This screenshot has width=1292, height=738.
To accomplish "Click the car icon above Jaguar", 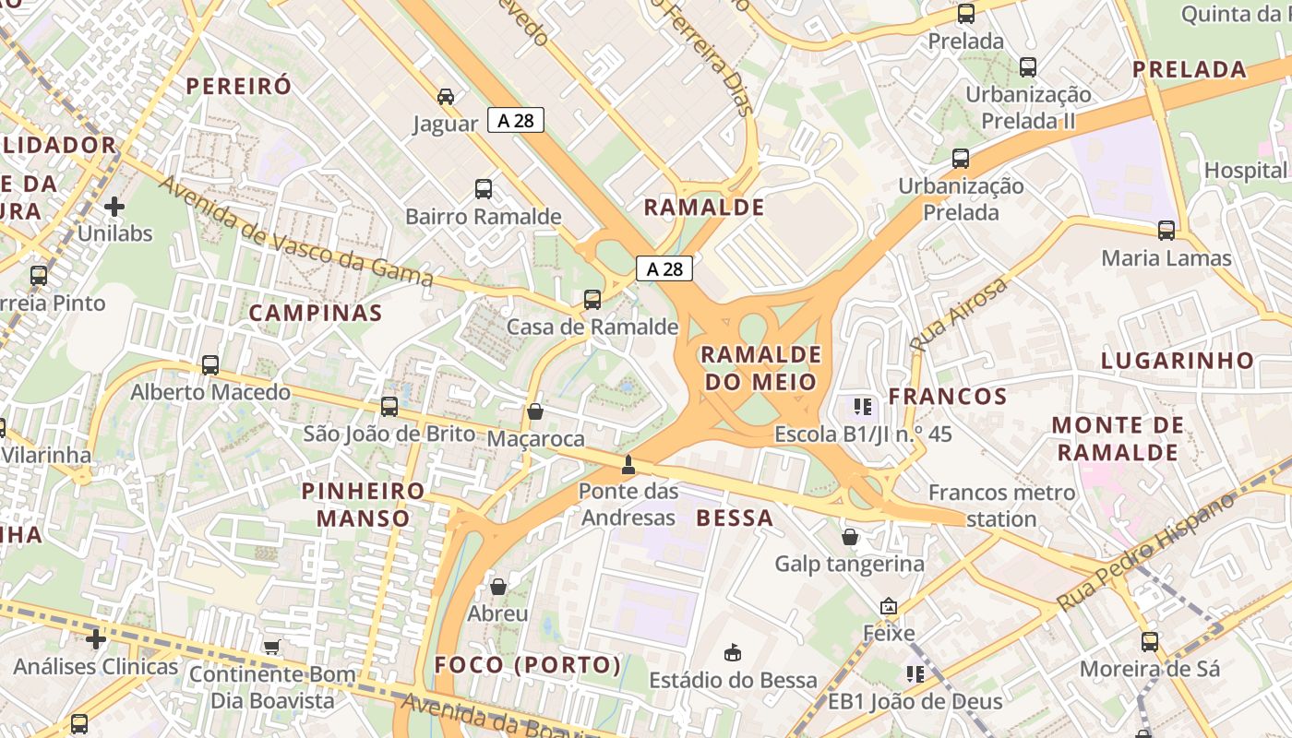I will click(446, 96).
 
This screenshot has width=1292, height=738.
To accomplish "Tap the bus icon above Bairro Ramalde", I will click(484, 189).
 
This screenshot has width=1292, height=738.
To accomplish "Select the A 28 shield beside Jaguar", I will click(516, 120).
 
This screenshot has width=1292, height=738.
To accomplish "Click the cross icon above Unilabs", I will click(114, 206).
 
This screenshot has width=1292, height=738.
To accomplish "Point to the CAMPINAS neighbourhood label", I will click(316, 313).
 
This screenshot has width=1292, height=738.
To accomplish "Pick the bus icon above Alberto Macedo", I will click(210, 364).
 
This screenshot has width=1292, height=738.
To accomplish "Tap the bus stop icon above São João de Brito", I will click(389, 406).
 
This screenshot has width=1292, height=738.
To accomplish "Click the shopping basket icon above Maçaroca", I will click(535, 411).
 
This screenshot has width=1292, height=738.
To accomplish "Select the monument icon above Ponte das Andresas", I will click(628, 464).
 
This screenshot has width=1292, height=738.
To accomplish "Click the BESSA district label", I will click(735, 518).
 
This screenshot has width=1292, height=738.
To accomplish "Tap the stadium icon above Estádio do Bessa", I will click(733, 653).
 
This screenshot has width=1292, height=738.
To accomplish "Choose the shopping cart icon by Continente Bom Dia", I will click(271, 647).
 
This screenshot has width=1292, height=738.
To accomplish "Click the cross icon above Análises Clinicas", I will click(96, 638).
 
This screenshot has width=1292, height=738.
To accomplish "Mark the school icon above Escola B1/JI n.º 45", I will click(863, 406).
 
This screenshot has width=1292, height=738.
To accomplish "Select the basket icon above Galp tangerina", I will click(850, 536).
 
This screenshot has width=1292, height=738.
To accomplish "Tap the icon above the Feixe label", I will click(889, 606).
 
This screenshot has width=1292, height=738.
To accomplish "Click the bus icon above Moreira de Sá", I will click(1150, 641).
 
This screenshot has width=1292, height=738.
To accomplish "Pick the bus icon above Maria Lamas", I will click(1166, 230).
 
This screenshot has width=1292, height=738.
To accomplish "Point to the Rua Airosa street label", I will click(960, 315).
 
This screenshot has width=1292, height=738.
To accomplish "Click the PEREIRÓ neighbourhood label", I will click(239, 86).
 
